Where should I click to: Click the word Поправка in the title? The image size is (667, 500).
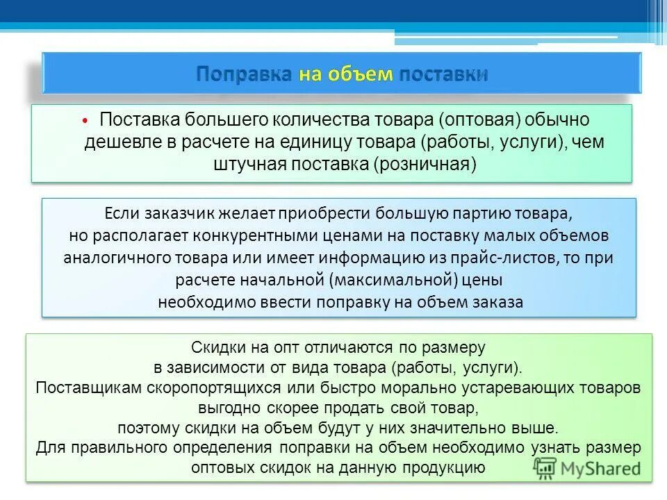[244, 74]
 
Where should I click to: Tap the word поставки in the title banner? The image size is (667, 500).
[443, 74]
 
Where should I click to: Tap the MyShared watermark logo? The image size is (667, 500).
[587, 468]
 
